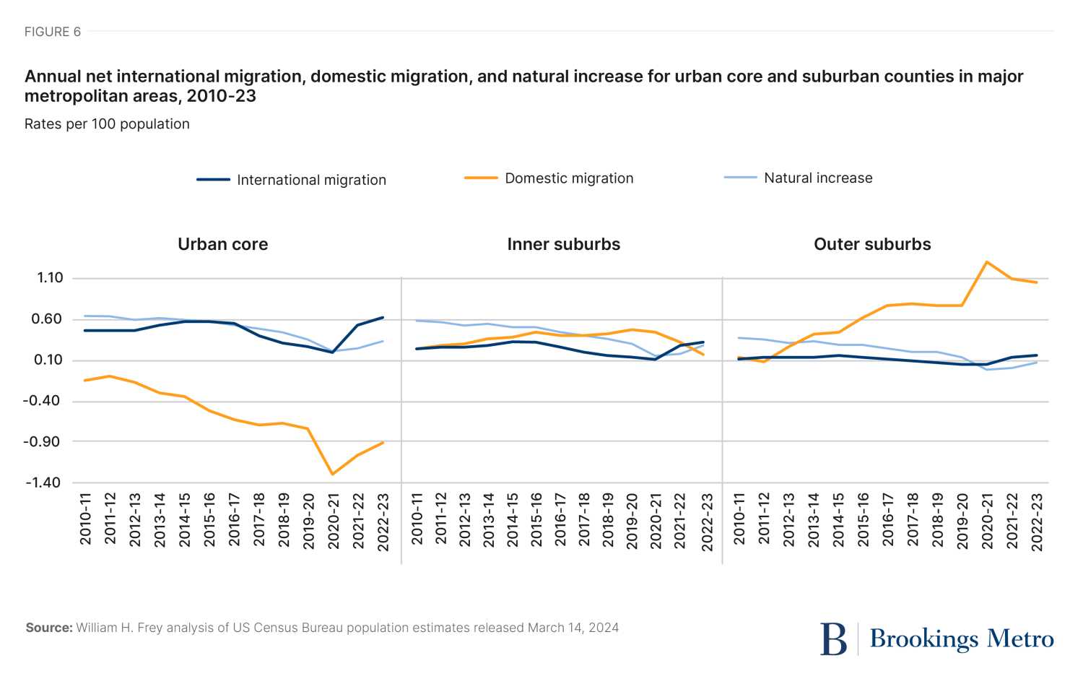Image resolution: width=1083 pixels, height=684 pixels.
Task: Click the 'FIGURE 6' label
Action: (x=52, y=32)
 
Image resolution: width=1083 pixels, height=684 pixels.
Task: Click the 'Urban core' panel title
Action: (x=222, y=244)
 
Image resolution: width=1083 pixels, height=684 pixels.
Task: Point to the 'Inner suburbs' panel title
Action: (x=563, y=244)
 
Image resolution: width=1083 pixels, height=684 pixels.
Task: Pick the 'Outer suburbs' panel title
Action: (x=872, y=244)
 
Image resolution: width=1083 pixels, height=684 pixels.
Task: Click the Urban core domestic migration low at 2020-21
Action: (x=332, y=474)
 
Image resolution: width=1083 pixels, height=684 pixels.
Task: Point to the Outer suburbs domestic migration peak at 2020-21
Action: (x=987, y=261)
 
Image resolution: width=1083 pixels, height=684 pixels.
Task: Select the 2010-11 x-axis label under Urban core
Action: (x=85, y=519)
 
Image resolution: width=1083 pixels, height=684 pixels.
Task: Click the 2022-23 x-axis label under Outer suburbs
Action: (x=1037, y=521)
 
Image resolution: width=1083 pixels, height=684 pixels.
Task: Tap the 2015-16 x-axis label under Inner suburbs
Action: (x=536, y=520)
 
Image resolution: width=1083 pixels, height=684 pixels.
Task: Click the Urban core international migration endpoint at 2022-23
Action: (x=383, y=317)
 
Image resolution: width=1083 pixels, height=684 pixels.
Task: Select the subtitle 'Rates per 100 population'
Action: (x=107, y=124)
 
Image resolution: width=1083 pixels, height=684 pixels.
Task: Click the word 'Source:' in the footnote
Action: (x=49, y=628)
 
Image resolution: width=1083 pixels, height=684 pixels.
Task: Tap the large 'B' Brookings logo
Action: (x=833, y=639)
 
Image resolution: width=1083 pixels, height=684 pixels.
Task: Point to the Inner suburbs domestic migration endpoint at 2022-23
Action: (x=703, y=355)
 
